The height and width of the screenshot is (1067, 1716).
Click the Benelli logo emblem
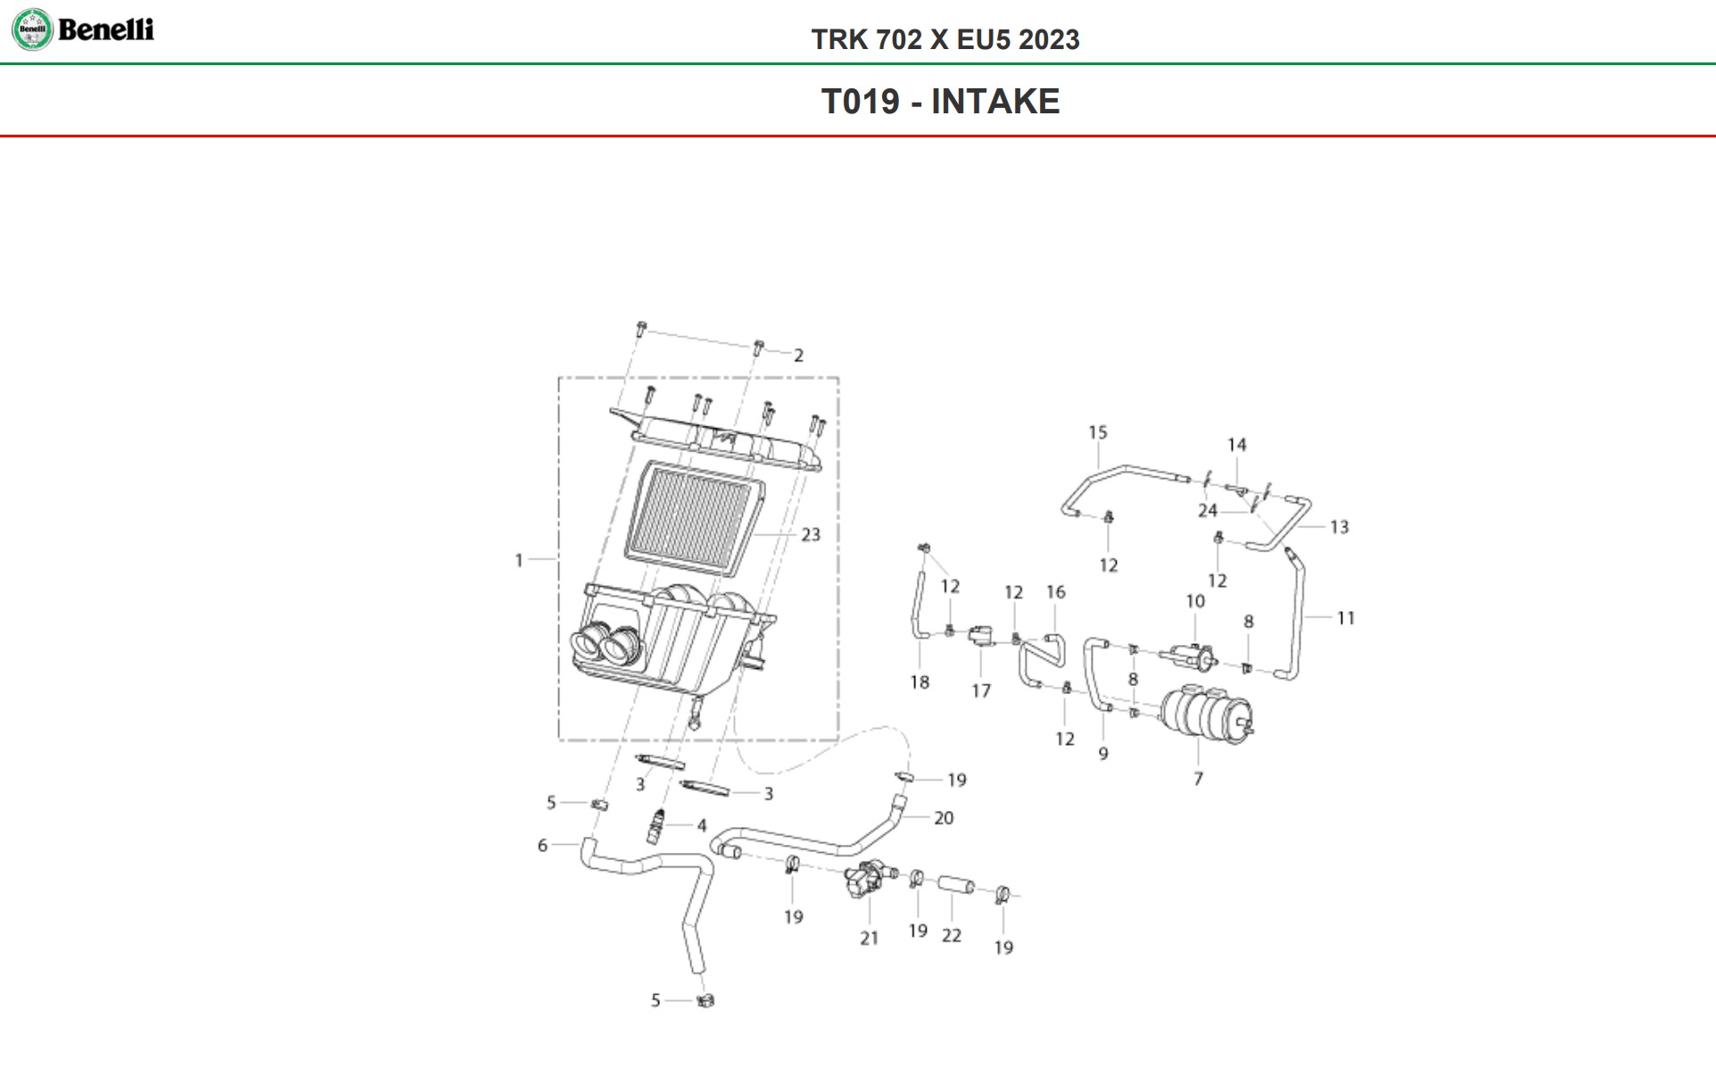(x=32, y=29)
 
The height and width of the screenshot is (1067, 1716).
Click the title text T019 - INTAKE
(x=940, y=102)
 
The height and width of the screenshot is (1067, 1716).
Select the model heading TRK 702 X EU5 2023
(x=945, y=39)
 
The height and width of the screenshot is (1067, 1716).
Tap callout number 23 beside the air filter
(x=810, y=534)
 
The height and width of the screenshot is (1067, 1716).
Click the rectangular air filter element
(x=694, y=517)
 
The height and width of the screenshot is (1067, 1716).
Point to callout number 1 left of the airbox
(x=519, y=560)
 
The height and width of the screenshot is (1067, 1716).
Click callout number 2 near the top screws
(x=798, y=355)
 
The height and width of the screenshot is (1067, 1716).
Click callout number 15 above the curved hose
(x=1097, y=433)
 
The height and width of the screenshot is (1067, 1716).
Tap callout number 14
(x=1236, y=444)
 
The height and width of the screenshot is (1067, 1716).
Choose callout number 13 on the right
(x=1339, y=527)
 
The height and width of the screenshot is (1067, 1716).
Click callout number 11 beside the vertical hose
(x=1345, y=617)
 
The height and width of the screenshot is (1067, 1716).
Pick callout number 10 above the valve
(x=1195, y=601)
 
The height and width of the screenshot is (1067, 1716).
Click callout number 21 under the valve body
(x=869, y=938)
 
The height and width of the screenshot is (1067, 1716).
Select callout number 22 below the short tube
(x=952, y=935)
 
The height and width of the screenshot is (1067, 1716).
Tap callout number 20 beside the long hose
(x=943, y=817)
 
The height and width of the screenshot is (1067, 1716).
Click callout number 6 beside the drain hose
(x=542, y=845)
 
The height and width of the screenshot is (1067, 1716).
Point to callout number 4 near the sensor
(x=702, y=826)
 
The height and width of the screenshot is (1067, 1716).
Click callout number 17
(x=981, y=691)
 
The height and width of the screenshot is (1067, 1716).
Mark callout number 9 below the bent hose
(x=1103, y=754)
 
